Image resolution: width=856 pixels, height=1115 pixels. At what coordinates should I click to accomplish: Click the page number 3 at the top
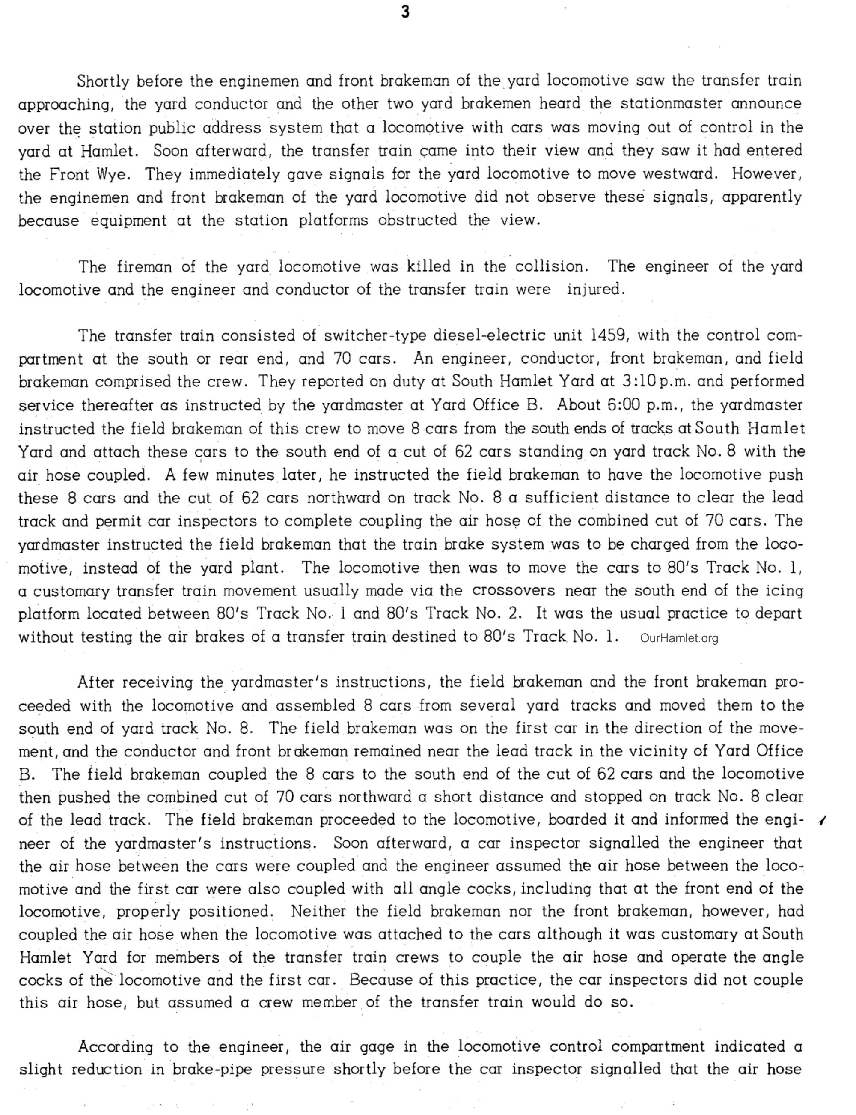(405, 12)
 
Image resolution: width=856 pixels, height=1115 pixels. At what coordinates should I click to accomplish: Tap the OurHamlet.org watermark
(679, 638)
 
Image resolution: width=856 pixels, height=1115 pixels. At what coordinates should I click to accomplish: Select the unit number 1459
(608, 335)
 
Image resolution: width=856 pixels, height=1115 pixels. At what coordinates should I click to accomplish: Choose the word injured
(595, 289)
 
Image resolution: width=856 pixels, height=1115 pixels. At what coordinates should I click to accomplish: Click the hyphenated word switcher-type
(374, 335)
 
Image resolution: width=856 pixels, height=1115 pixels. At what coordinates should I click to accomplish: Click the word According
(115, 1047)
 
